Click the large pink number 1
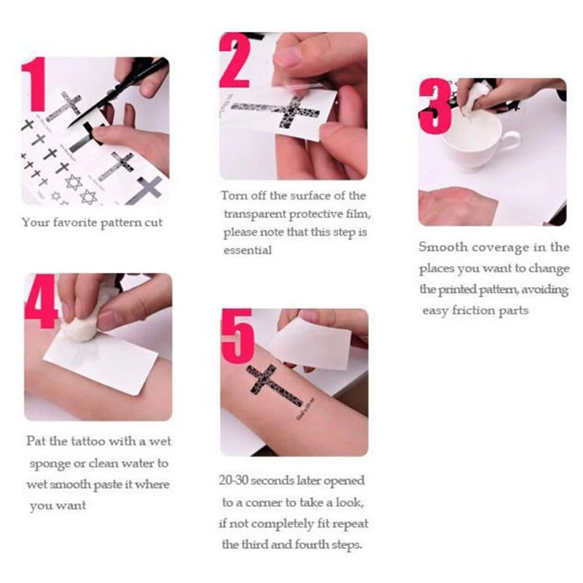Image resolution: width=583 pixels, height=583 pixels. [x=34, y=84]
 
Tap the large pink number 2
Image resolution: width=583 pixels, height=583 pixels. [x=235, y=60]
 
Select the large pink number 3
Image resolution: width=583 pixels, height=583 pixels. [x=435, y=106]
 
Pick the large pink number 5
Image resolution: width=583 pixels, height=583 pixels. [x=238, y=336]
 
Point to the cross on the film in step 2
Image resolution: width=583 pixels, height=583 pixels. [x=281, y=111]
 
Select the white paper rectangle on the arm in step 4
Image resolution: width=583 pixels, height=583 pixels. [x=101, y=361]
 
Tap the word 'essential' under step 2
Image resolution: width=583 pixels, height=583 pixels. [x=248, y=250]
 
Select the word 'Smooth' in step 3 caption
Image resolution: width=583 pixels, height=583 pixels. [x=443, y=247]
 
